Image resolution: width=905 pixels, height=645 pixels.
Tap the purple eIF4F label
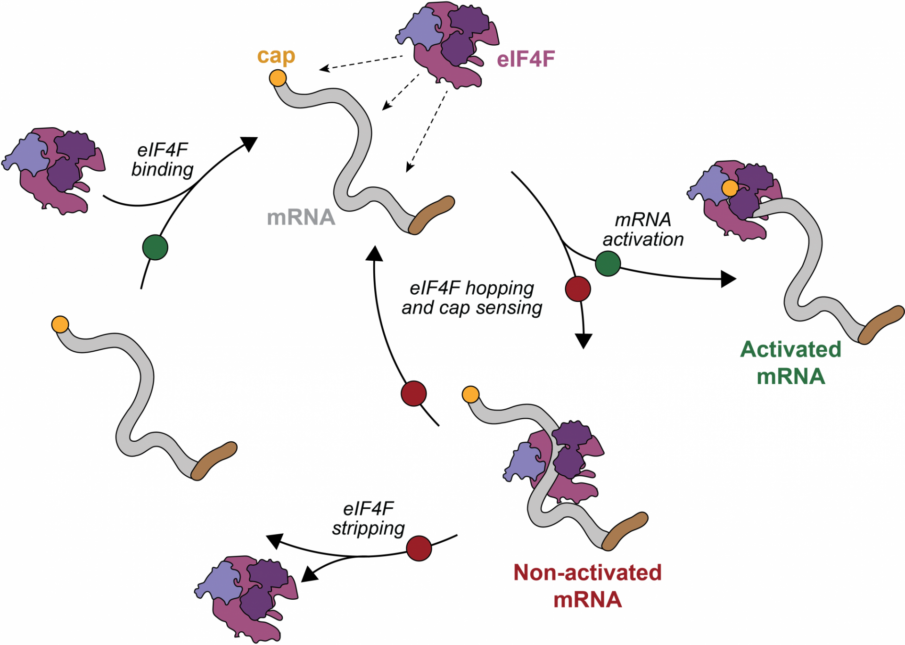tap(526, 59)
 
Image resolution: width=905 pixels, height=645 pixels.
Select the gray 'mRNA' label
tap(301, 217)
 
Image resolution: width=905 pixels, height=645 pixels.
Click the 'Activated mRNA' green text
tap(790, 363)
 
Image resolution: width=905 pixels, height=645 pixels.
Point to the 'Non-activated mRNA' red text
tap(587, 586)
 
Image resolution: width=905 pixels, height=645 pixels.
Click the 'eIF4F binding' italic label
tap(163, 160)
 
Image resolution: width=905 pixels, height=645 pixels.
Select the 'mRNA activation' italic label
tap(643, 230)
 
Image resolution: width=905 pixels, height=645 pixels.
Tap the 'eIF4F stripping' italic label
tap(369, 518)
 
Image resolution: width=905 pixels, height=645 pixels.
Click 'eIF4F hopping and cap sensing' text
tap(471, 298)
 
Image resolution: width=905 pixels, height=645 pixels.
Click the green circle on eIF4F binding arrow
tap(155, 247)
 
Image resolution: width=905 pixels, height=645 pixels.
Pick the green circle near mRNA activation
tap(608, 263)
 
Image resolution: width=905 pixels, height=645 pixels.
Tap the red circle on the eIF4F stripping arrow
tap(419, 548)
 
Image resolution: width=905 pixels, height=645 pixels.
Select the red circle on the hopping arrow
tap(414, 393)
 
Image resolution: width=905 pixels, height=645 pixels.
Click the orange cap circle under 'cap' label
tap(278, 78)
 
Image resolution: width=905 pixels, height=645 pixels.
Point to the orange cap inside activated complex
tap(730, 188)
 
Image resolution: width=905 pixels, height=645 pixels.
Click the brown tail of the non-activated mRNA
tap(625, 531)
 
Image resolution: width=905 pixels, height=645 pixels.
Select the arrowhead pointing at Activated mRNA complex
tap(728, 279)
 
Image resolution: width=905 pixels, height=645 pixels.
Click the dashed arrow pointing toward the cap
tap(361, 63)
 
